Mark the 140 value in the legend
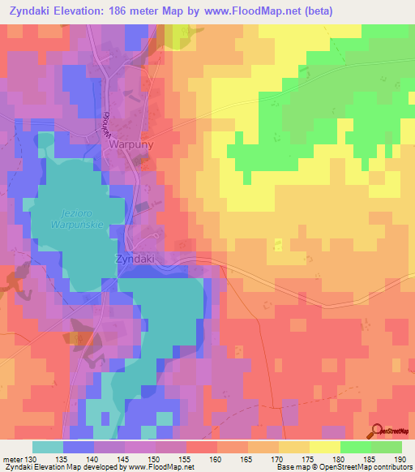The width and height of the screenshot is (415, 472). point(98,458)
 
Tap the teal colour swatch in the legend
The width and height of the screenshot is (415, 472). point(48,447)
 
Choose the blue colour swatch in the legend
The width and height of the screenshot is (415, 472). point(79,447)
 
